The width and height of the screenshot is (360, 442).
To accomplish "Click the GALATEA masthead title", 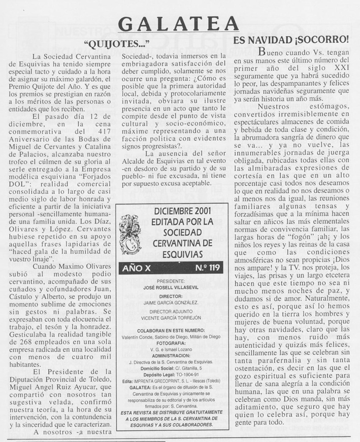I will pos(178,23).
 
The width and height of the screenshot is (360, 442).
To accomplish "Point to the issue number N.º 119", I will pos(206,268).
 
